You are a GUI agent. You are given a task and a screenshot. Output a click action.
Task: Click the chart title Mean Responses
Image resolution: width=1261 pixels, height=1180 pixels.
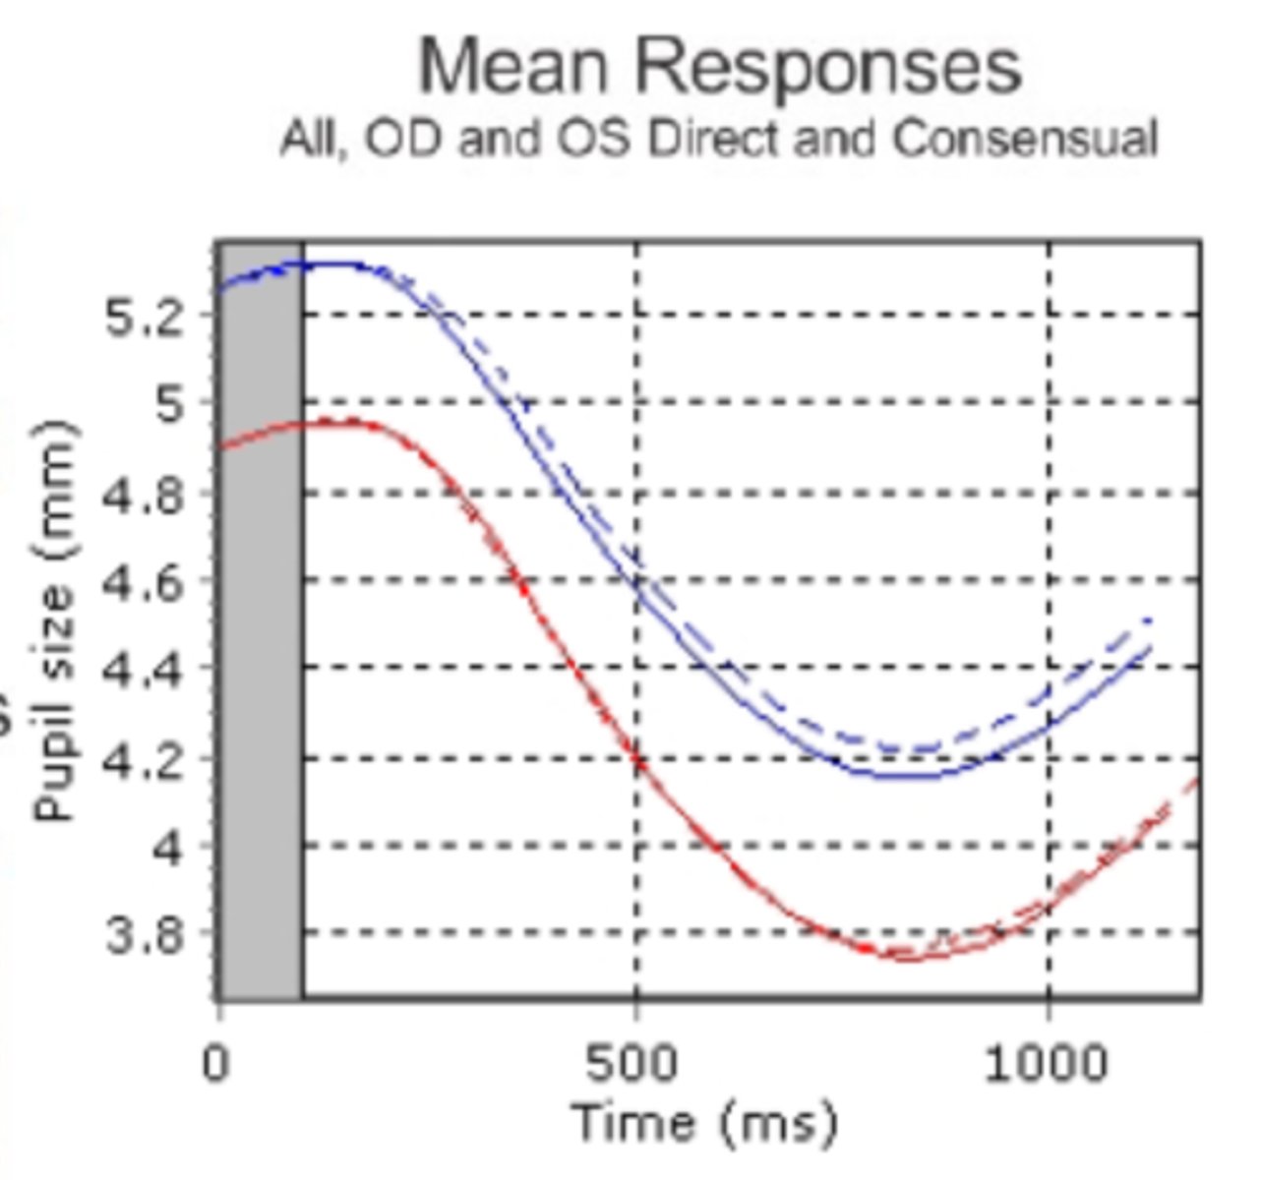(x=720, y=67)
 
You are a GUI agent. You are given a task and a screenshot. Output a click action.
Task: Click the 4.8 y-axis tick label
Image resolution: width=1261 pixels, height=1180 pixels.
(x=145, y=494)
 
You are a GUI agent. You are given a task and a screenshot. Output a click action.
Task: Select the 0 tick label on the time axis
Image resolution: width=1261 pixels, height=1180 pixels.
(x=217, y=1064)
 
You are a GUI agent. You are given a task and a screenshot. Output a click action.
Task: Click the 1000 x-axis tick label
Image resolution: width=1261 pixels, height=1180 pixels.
(x=1048, y=1064)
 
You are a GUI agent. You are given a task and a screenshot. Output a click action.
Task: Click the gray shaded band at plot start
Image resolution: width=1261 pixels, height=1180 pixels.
(x=260, y=619)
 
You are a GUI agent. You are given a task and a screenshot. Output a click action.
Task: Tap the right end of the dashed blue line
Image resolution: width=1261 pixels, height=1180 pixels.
(x=1149, y=619)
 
